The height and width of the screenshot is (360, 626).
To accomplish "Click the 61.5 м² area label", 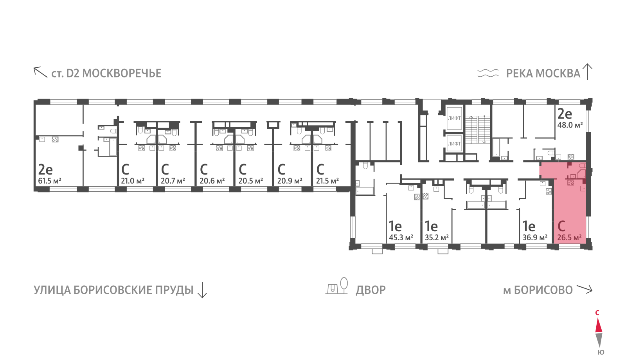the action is (49, 181).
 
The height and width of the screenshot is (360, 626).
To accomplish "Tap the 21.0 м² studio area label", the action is (133, 181).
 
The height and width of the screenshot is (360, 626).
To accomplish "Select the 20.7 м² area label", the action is (173, 181).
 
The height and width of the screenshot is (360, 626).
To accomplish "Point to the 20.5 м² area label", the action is (250, 181).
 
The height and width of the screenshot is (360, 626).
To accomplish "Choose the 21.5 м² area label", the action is (327, 181).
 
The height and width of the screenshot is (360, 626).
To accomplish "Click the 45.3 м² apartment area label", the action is (401, 238).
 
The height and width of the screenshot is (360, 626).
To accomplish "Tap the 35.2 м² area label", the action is (437, 238).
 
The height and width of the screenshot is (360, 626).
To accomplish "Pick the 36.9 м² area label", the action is (535, 238).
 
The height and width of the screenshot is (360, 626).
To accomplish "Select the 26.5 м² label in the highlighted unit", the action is (570, 238).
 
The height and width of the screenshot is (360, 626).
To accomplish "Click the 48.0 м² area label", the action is (570, 125).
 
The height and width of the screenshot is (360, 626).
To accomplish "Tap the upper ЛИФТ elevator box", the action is (454, 118).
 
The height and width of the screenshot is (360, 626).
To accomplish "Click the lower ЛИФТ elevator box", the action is (454, 144).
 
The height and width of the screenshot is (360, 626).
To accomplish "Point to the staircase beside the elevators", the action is (478, 130).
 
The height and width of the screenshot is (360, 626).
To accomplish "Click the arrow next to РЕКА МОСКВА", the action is (587, 72).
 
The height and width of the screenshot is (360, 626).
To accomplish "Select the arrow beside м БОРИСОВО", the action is (585, 289).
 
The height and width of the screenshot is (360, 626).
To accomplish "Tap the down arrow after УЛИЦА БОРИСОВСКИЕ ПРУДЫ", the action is (202, 290).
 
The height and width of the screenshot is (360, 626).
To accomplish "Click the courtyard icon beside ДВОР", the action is (337, 286).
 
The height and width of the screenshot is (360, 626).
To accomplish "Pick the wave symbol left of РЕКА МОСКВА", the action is (487, 73).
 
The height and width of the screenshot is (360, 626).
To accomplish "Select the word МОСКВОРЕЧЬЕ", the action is (122, 73).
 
